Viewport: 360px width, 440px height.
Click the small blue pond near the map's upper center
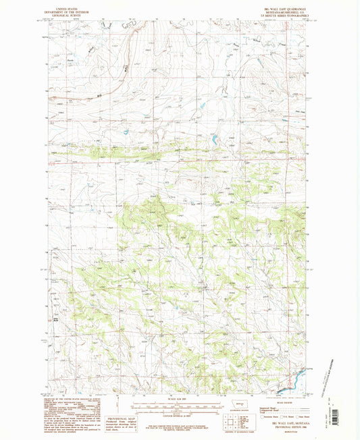coord(213,140)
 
